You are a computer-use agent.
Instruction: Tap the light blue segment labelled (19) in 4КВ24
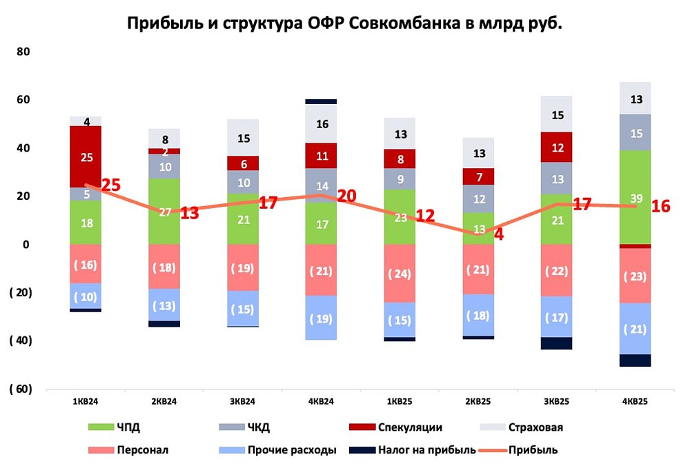[322, 318]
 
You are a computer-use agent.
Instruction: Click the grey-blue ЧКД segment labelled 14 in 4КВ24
[322, 185]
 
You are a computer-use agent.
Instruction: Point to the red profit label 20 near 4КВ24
[346, 196]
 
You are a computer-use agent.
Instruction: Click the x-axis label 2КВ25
[478, 401]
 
